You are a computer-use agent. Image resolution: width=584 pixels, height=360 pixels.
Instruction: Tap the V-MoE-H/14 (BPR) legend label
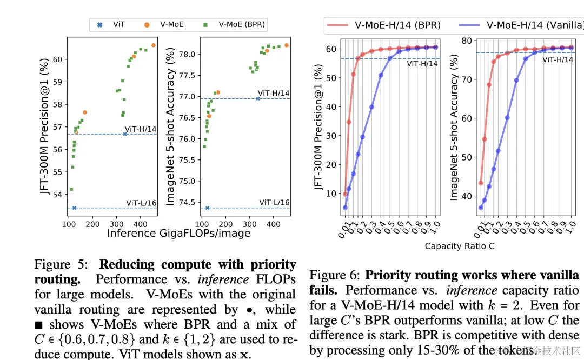pos(397,25)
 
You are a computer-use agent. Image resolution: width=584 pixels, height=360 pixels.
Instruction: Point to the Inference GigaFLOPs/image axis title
pos(178,233)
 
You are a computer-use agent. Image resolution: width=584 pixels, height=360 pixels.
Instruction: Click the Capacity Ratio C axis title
pos(460,246)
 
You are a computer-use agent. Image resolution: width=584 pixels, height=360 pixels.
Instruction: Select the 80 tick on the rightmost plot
pos(465,40)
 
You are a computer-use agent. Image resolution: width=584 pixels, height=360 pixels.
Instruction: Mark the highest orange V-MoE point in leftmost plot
pos(154,45)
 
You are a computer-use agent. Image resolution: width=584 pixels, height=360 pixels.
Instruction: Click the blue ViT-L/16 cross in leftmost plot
pos(74,208)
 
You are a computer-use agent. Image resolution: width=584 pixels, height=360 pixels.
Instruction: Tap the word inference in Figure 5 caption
pos(223,280)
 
